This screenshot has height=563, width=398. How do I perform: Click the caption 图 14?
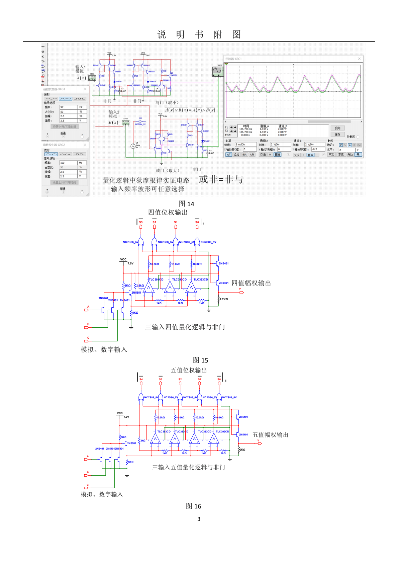coord(186,204)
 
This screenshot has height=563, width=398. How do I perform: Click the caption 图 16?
coord(193,506)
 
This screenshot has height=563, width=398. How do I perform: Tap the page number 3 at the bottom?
coord(199,519)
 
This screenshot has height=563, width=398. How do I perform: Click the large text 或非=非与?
coord(221,179)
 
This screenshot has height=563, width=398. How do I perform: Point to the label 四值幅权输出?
coord(251,283)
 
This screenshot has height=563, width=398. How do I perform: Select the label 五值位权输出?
coord(189,370)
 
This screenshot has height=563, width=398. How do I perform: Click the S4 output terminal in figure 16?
coord(141,380)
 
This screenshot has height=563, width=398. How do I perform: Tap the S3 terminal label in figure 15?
coord(141,222)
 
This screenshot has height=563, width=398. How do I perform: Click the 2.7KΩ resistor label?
coord(224,299)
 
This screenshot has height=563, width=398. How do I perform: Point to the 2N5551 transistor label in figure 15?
coord(136,293)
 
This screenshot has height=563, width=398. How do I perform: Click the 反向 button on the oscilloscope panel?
coord(337,128)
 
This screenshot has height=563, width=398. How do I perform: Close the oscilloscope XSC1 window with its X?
coord(359,59)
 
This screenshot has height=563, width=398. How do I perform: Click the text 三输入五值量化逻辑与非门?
coord(189,467)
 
